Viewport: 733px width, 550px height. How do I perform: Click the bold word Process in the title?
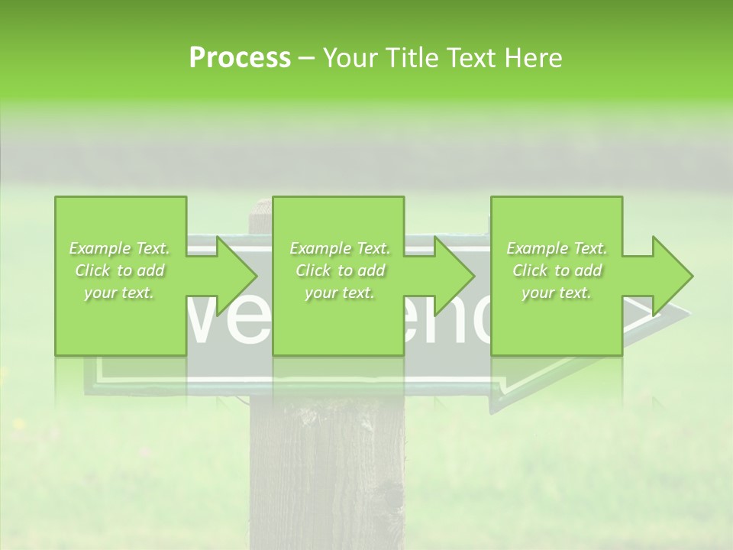click(x=240, y=58)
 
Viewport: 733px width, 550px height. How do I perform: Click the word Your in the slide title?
click(x=351, y=58)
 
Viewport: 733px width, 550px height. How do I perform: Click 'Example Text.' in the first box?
click(x=119, y=248)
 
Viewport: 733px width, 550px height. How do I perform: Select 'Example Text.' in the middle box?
click(x=339, y=248)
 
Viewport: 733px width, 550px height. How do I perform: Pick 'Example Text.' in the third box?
click(x=557, y=248)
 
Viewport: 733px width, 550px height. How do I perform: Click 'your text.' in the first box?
click(x=119, y=293)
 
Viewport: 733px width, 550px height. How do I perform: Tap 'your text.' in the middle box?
click(x=339, y=293)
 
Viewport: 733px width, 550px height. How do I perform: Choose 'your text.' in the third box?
click(x=557, y=293)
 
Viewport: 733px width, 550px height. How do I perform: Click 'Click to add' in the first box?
click(x=119, y=270)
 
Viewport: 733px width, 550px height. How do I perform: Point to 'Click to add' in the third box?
click(x=557, y=270)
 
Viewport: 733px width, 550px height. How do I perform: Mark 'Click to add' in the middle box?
click(x=339, y=270)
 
